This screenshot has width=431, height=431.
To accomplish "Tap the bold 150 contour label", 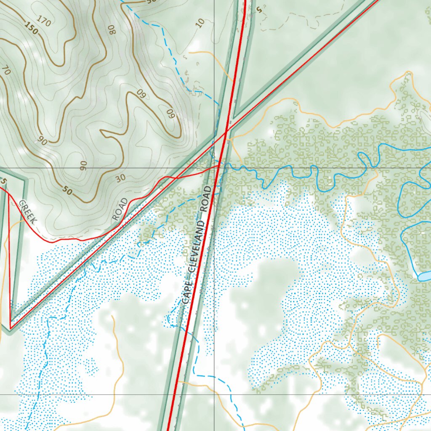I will (x=31, y=28).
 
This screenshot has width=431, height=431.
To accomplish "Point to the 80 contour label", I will (x=112, y=29).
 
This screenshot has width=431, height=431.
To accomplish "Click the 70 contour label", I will (x=5, y=69).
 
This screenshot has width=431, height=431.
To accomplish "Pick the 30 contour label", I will (x=121, y=178).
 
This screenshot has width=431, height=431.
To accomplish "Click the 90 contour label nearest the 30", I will (x=83, y=165).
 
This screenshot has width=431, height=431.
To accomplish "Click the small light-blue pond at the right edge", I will (x=424, y=276).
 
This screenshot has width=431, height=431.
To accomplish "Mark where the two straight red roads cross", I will (x=226, y=132).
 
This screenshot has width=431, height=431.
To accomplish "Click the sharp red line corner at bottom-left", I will (x=10, y=328).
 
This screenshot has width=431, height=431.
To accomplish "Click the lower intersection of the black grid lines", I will (x=214, y=394).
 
